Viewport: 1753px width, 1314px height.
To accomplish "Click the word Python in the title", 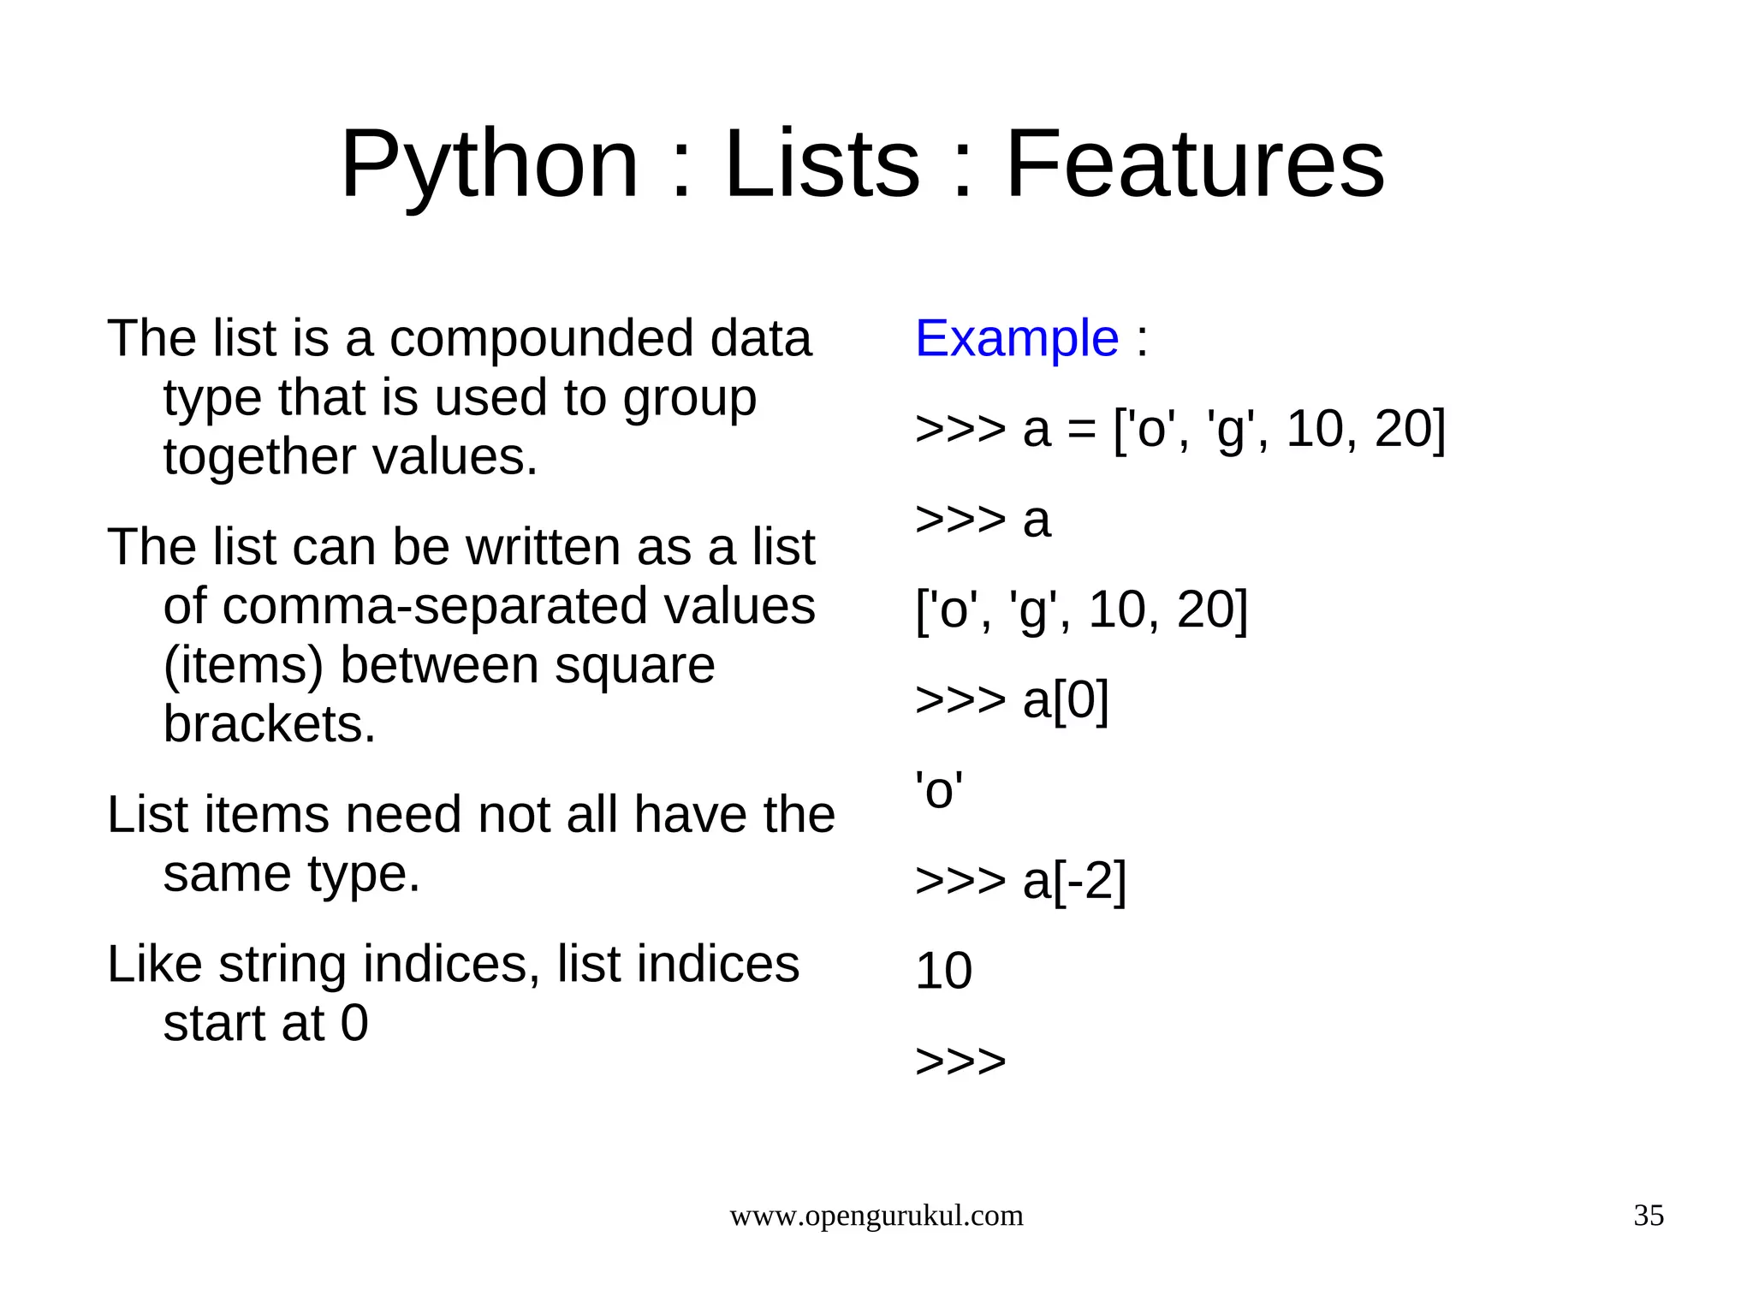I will [x=490, y=164].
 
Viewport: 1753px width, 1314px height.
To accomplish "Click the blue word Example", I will [x=1017, y=338].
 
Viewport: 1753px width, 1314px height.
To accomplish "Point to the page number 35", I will [x=1649, y=1216].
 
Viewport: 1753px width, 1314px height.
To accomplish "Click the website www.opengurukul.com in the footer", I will [x=876, y=1216].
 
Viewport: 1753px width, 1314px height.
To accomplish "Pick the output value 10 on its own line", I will [x=943, y=971].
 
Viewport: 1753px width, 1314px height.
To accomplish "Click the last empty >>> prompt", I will [x=960, y=1061].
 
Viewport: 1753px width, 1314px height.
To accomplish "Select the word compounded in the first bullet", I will [x=542, y=339].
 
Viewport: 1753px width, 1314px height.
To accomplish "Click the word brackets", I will [x=270, y=724].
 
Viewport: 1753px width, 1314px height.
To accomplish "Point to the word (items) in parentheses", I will [x=243, y=666].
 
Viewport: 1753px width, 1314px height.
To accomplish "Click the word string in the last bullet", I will [x=282, y=966].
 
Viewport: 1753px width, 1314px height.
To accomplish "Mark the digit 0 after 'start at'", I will [x=354, y=1023].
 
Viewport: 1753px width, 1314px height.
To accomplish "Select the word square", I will [x=634, y=666].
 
